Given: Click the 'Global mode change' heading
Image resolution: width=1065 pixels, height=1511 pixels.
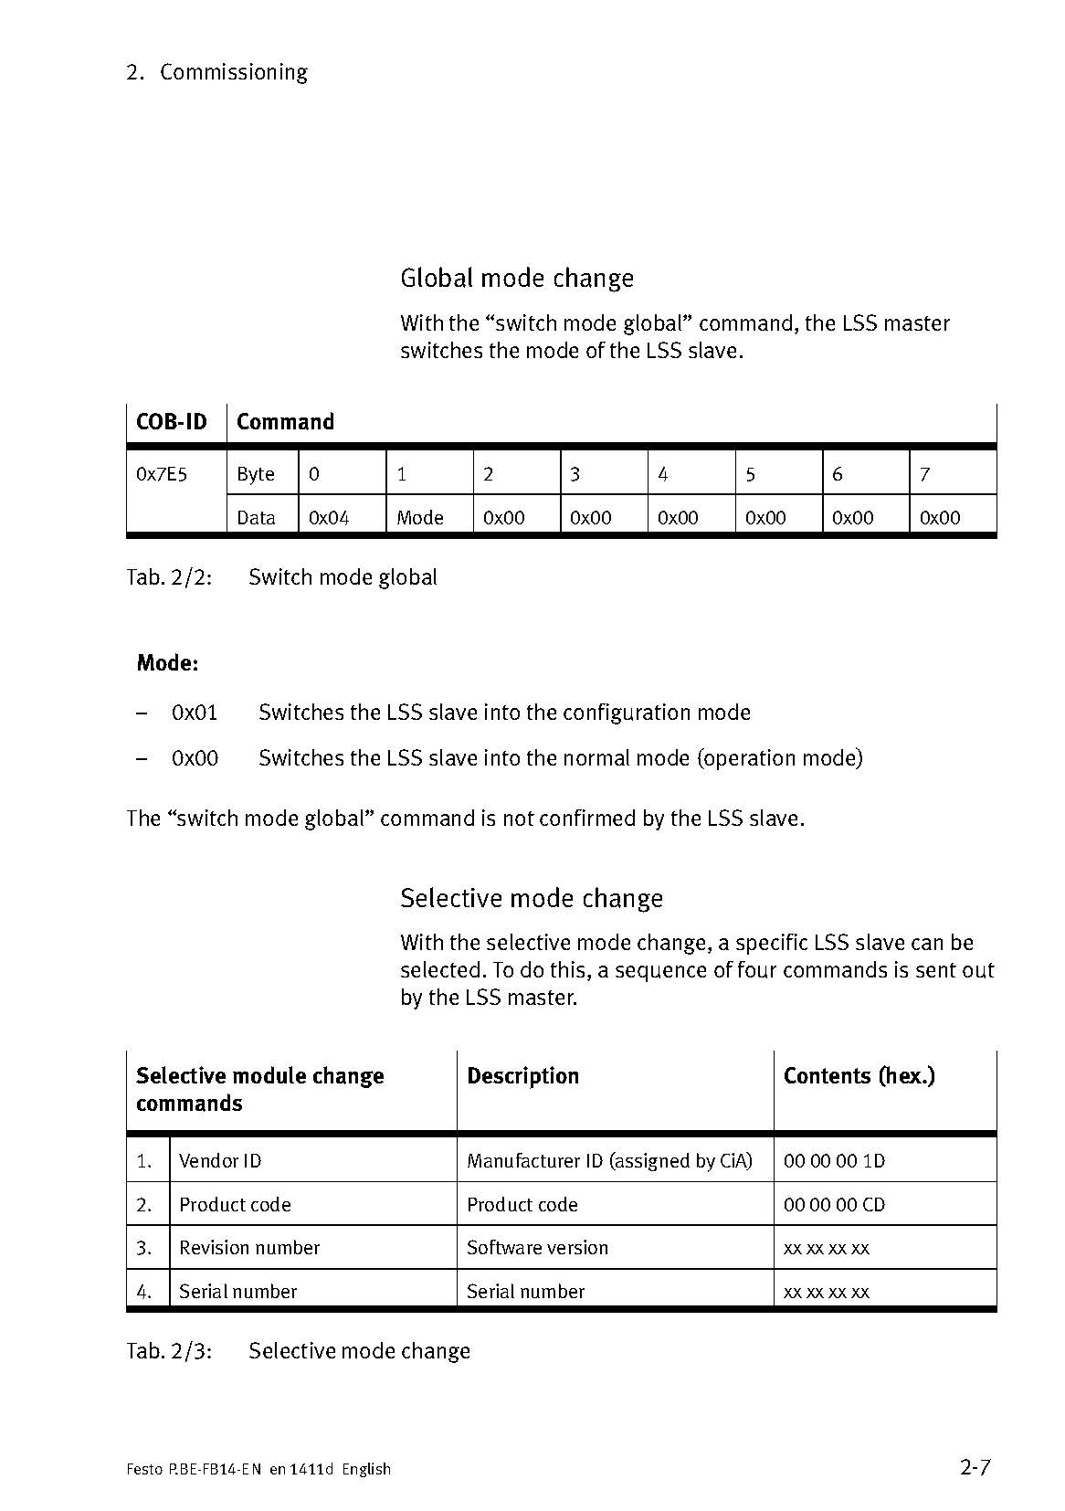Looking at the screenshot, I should [x=516, y=278].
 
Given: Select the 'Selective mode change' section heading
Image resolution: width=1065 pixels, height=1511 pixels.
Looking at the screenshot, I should [x=531, y=898].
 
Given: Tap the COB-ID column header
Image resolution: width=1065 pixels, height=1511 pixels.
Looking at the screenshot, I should [x=171, y=422].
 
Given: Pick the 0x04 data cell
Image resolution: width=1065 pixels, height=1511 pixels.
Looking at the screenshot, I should [x=329, y=518].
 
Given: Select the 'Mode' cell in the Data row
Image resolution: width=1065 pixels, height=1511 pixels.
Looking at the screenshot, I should [x=419, y=518].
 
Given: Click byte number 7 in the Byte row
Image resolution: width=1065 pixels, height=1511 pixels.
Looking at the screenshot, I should [x=924, y=474].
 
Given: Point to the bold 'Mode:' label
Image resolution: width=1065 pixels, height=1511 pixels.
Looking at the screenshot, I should [x=167, y=663].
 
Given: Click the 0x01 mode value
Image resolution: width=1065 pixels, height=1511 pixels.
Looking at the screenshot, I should [x=195, y=713].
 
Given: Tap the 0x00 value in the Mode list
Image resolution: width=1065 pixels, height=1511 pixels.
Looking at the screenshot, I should [x=195, y=758].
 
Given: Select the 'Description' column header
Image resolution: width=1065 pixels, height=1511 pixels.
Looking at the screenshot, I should [x=522, y=1076].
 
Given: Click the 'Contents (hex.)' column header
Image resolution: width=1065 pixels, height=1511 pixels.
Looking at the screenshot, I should [x=859, y=1076].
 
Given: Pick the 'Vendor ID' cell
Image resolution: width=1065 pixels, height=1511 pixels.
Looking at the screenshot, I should [x=220, y=1161].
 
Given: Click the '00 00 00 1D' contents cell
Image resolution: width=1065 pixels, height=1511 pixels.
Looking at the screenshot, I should [x=834, y=1161].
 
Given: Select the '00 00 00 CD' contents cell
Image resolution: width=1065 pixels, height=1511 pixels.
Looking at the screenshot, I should [x=834, y=1205].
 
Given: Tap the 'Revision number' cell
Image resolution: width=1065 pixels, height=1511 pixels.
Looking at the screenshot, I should [x=249, y=1248].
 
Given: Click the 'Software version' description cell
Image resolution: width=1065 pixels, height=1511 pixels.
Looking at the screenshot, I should [x=537, y=1248].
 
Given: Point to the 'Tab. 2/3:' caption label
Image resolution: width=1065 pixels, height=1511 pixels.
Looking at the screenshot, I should [x=169, y=1351].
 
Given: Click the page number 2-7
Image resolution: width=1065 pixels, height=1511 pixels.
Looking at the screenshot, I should [x=975, y=1468].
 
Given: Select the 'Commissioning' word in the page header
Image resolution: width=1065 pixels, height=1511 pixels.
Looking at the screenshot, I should [x=233, y=72].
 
